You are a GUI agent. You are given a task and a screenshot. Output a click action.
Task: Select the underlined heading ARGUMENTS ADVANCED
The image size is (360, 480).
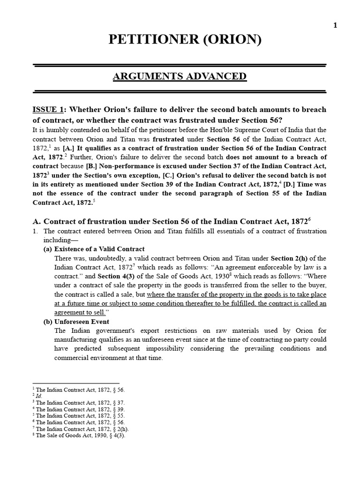[180, 76]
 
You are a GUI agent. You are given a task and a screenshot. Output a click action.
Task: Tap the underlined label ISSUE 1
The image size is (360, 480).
[48, 110]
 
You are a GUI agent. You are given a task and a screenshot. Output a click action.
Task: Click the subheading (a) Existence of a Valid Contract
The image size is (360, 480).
[94, 249]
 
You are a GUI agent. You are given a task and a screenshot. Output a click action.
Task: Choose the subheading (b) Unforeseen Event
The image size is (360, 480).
[76, 322]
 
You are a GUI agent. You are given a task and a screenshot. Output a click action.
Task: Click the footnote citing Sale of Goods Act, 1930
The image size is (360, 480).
[81, 435]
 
